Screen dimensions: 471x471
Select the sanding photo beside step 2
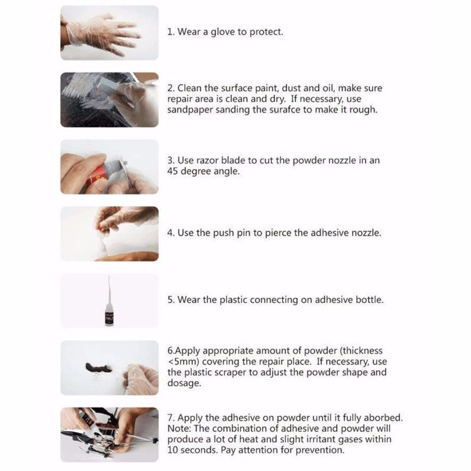click(x=110, y=100)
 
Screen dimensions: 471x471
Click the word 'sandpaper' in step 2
click(x=189, y=110)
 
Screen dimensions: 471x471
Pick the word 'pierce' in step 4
click(x=278, y=233)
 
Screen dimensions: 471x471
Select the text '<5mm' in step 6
click(x=181, y=361)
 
